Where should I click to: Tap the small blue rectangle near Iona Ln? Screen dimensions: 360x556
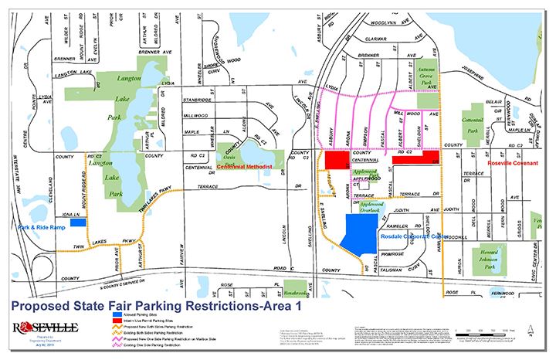tap(78, 222)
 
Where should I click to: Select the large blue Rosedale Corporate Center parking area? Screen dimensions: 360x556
tap(361, 233)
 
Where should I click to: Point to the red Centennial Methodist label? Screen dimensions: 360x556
tap(247, 166)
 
